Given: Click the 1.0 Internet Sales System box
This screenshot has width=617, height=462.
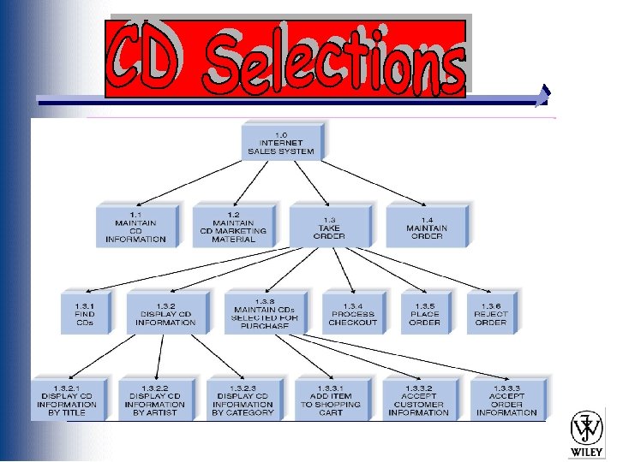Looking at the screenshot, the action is [281, 140].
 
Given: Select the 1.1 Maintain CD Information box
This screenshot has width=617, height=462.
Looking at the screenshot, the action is [135, 226].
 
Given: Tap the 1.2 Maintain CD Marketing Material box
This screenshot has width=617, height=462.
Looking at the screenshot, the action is [233, 226].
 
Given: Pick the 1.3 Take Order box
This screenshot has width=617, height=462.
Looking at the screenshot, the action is [330, 225].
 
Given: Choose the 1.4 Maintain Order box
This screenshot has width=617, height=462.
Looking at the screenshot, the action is [426, 225].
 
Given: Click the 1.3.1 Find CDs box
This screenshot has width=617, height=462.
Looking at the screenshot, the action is [86, 313].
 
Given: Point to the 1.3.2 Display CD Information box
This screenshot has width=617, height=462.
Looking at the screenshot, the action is [165, 313].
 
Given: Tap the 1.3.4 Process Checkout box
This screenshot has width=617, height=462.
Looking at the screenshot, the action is [352, 313].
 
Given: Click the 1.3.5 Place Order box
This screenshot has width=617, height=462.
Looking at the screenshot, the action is [424, 313].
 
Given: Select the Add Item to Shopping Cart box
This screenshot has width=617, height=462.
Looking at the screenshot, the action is [330, 399].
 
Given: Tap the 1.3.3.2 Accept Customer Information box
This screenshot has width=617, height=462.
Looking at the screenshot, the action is [418, 399].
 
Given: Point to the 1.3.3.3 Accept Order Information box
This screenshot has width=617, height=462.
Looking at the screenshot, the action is [506, 399].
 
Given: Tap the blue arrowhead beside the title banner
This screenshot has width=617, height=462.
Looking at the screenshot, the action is [542, 96].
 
